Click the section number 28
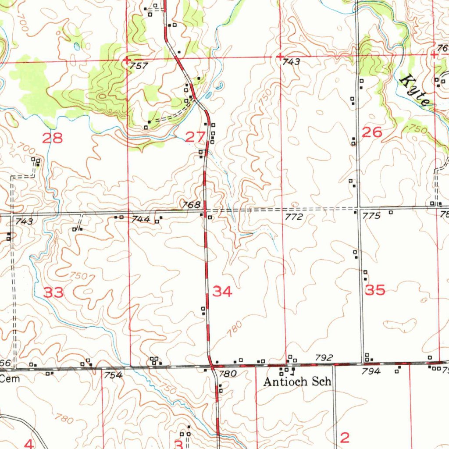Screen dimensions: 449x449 coord(52,139)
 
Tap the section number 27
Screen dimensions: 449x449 coord(195,137)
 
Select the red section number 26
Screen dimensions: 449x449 coord(372,132)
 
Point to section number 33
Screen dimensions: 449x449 coord(53,292)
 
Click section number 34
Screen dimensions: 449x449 coord(222,292)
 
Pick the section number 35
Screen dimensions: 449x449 coord(375,290)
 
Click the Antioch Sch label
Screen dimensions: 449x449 coord(297,382)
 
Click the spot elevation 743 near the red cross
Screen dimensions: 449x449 coord(291,62)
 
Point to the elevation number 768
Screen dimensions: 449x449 coord(192,205)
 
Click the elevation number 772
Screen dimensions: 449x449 coord(293,217)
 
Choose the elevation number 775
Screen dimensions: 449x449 coord(371,216)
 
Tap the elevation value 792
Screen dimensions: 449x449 coord(324,358)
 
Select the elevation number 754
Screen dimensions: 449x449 coord(113,375)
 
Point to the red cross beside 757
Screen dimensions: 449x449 coord(127,61)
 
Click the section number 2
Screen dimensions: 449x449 coord(345,438)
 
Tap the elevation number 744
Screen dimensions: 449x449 coord(141,219)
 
